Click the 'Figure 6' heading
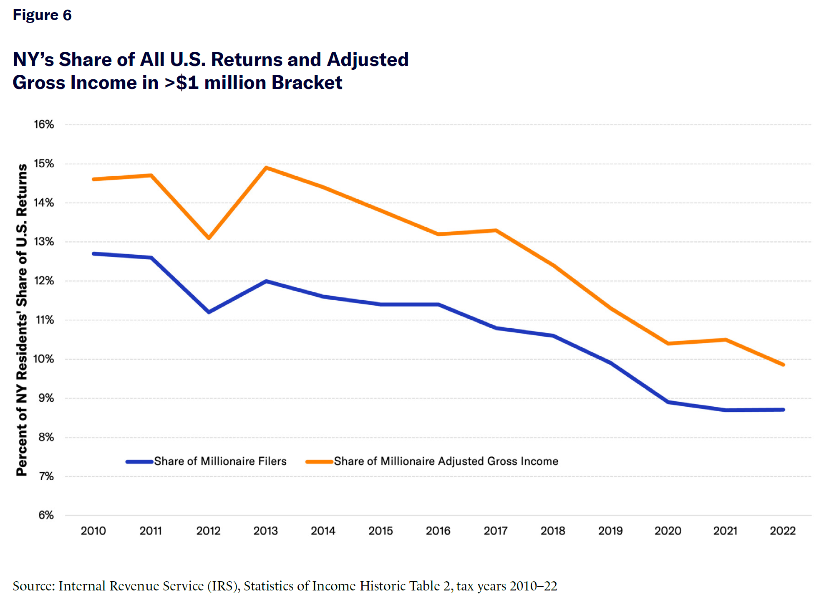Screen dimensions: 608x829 pos(42,15)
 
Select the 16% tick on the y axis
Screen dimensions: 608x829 pos(44,124)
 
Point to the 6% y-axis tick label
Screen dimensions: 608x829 pos(46,515)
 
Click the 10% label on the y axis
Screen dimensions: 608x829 pos(44,359)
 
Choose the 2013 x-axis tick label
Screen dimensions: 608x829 pos(266,531)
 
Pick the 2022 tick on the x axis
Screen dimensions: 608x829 pos(783,531)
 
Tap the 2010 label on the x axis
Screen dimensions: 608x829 pos(93,531)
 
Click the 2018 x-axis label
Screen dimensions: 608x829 pos(553,531)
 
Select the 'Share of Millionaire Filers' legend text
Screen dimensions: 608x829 pos(220,461)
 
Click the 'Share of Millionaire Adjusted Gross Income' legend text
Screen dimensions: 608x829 pos(446,461)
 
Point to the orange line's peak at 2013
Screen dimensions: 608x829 pos(266,168)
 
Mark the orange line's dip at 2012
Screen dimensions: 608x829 pos(209,238)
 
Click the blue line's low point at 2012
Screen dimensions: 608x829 pos(209,312)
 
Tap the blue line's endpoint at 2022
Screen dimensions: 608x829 pos(783,410)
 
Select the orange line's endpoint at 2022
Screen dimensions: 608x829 pos(783,365)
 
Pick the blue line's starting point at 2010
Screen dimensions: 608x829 pos(93,253)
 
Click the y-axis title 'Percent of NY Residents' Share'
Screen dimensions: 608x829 pos(22,319)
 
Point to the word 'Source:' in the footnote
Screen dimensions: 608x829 pos(34,586)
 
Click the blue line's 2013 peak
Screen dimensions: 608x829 pos(266,281)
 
